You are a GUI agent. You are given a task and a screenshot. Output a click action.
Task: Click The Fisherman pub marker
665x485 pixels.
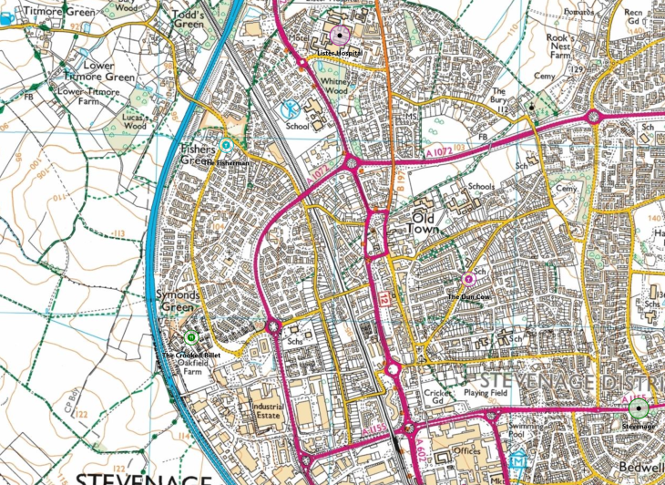pos(226,145)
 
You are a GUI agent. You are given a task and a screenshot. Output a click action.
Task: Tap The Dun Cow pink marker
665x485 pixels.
pos(469,279)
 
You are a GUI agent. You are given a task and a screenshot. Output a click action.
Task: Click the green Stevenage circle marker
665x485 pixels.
pos(639,408)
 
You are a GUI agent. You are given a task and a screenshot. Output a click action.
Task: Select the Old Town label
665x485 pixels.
pos(433,224)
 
